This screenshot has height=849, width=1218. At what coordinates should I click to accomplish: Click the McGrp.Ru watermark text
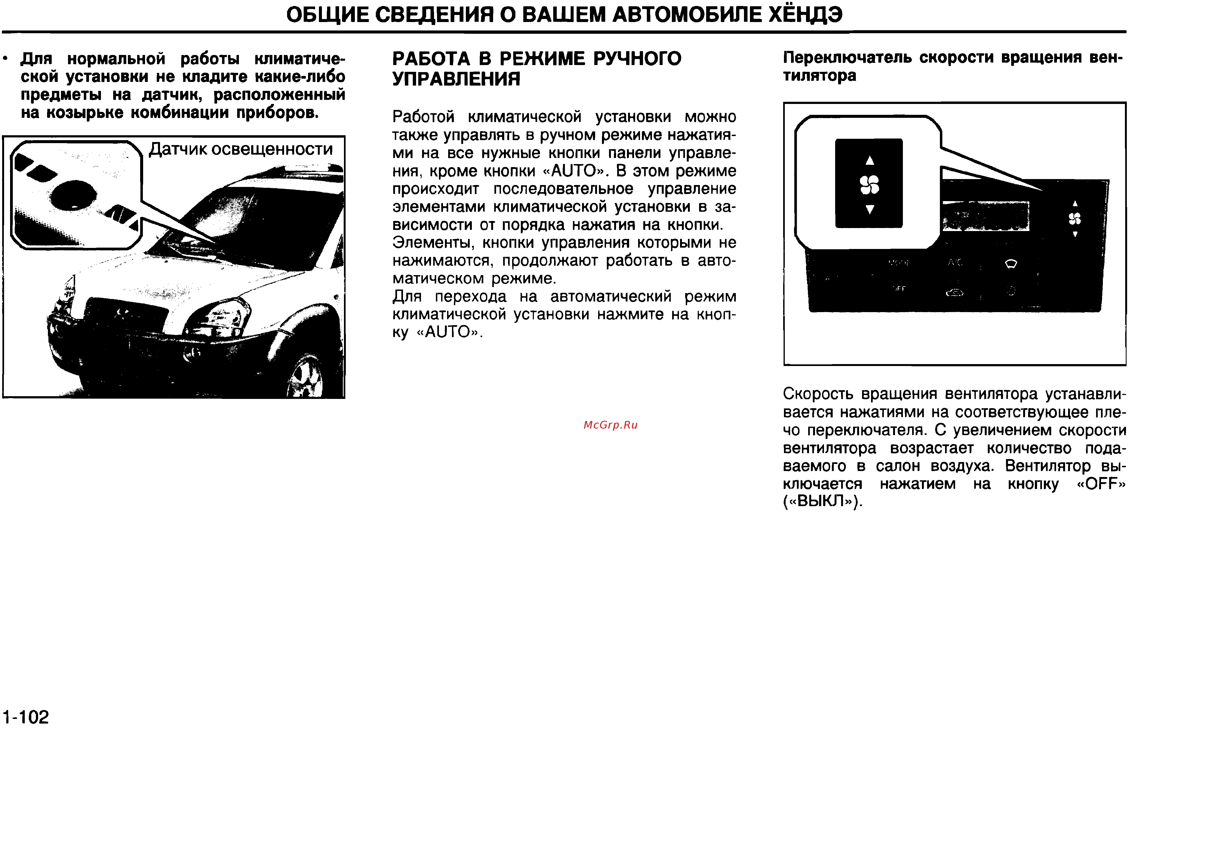pos(610,425)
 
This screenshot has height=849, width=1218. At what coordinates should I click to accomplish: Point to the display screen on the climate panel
pos(986,217)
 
